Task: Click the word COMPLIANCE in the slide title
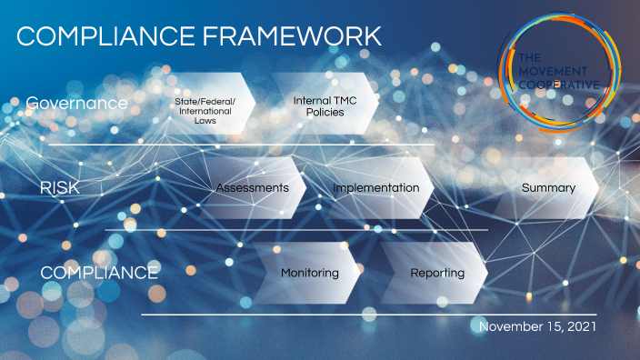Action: (x=105, y=36)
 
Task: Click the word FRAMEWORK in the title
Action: (x=292, y=36)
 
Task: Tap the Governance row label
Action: (x=76, y=104)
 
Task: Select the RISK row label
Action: (x=60, y=188)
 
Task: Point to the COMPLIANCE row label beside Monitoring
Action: (x=99, y=273)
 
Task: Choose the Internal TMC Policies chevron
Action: (x=325, y=104)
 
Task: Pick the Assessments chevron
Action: (x=253, y=188)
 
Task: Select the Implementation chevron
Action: (x=376, y=188)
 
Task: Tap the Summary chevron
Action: (x=548, y=188)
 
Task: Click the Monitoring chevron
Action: (x=307, y=273)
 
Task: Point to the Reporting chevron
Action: (x=435, y=273)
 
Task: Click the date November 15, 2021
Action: (x=537, y=326)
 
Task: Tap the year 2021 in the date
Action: (x=582, y=326)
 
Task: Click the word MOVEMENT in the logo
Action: (x=553, y=72)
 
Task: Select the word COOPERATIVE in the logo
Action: (x=559, y=85)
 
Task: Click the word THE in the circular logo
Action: (x=530, y=58)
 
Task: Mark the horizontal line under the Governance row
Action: (x=241, y=145)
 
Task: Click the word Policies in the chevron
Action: (x=325, y=112)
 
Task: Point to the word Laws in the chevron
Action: (x=205, y=121)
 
